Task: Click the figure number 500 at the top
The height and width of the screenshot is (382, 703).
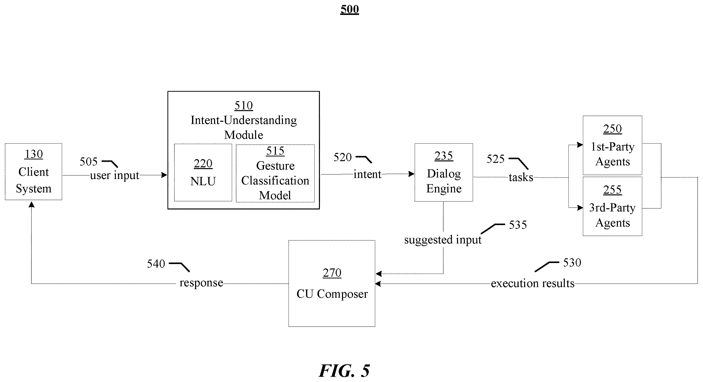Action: (350, 9)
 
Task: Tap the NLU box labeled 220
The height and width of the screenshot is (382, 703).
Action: (203, 173)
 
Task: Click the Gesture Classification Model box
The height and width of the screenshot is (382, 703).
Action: (275, 173)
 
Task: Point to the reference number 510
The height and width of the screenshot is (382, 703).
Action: (244, 106)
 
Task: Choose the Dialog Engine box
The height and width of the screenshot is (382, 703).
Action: (444, 172)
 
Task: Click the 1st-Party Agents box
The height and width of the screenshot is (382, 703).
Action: (612, 145)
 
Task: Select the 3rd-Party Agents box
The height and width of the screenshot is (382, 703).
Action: (612, 206)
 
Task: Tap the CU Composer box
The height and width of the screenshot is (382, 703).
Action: (332, 283)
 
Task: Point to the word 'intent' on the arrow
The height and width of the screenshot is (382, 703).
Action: (367, 174)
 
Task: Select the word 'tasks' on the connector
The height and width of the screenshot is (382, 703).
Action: (521, 177)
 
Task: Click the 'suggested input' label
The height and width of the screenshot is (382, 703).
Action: (443, 240)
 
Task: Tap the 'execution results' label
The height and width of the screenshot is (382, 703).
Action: (533, 283)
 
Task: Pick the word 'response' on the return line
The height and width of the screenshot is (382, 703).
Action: (201, 283)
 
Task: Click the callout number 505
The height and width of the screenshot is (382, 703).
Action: (89, 162)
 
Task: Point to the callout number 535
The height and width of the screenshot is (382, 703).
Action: (518, 225)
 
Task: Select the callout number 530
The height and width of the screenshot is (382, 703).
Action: (572, 263)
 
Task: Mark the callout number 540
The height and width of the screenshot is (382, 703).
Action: (156, 264)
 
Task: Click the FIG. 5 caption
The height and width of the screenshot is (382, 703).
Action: (344, 371)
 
